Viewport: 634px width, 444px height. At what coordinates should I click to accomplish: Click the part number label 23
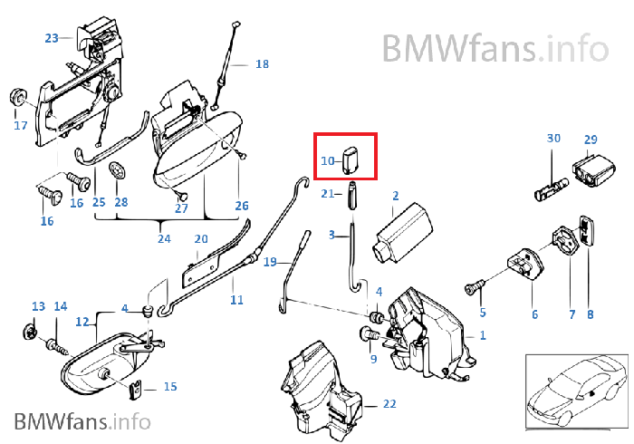[x=52, y=38]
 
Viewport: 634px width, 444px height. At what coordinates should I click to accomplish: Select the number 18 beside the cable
[x=262, y=64]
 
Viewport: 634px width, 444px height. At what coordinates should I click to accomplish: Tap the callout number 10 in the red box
[x=328, y=160]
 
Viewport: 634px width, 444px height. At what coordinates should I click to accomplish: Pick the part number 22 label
[x=389, y=403]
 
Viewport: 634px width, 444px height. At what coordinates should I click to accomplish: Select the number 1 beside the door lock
[x=483, y=335]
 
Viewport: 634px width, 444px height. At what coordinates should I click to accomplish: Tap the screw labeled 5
[x=473, y=288]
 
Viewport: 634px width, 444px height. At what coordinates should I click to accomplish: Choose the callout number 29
[x=591, y=140]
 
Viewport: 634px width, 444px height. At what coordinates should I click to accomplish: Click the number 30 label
[x=553, y=140]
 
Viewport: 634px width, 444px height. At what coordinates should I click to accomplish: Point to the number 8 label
[x=591, y=315]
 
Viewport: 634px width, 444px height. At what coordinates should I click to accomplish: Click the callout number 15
[x=169, y=387]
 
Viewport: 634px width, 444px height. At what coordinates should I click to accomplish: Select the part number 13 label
[x=38, y=306]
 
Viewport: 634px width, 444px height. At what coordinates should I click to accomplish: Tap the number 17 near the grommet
[x=20, y=126]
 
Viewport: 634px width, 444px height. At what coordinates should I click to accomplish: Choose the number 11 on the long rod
[x=236, y=298]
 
